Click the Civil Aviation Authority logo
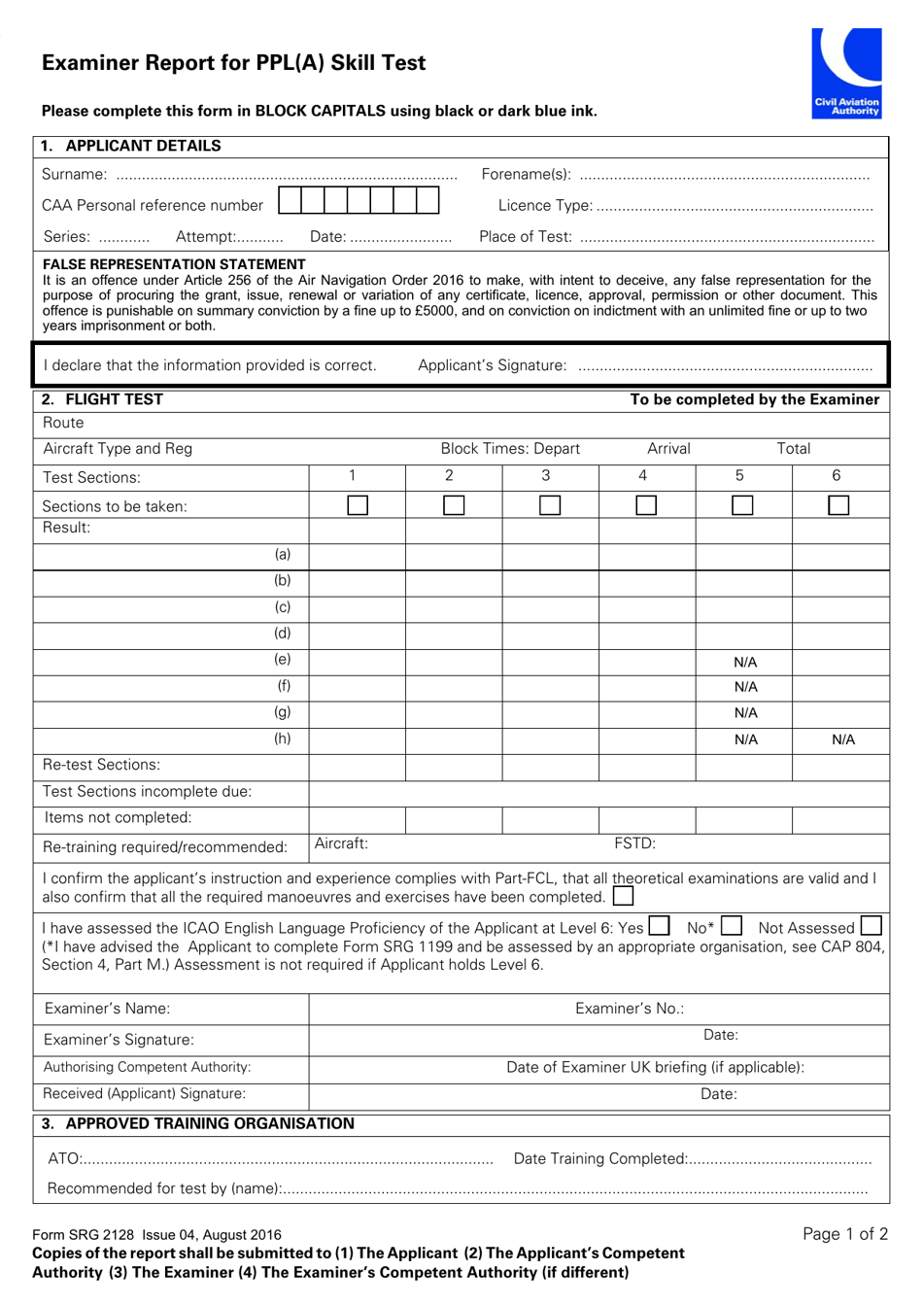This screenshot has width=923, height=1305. (x=846, y=73)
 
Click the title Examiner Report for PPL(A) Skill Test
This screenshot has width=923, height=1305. (x=233, y=63)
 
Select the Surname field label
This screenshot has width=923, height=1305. (x=74, y=175)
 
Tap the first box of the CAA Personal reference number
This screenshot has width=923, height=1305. (x=290, y=201)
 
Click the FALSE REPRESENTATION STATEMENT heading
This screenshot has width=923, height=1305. (x=174, y=264)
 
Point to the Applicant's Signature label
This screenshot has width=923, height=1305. (x=492, y=365)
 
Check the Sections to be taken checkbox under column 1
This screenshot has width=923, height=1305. (x=358, y=505)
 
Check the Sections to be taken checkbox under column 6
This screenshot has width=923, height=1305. (x=838, y=505)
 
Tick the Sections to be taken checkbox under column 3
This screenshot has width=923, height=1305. (x=550, y=505)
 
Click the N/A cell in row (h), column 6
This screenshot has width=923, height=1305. (x=843, y=739)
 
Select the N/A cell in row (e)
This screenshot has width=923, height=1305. (x=745, y=663)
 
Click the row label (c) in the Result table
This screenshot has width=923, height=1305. (x=283, y=607)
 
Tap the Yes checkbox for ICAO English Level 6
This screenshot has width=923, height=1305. (x=659, y=927)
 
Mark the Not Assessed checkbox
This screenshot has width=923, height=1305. (x=871, y=927)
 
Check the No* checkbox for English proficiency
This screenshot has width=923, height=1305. (x=732, y=927)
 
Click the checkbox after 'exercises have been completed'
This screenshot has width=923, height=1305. (x=623, y=896)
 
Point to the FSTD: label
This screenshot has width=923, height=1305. (x=634, y=843)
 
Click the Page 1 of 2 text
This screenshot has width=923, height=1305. (x=845, y=1234)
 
